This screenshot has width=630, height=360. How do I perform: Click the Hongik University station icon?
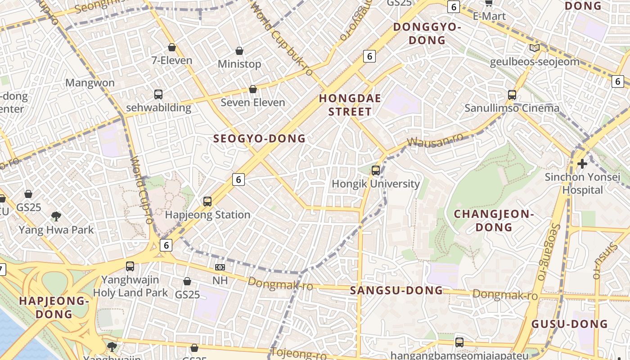(376, 171)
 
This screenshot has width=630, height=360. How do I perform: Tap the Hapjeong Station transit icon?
(207, 201)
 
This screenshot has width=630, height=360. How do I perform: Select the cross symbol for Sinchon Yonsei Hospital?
(582, 163)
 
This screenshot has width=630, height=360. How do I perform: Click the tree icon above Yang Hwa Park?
(56, 216)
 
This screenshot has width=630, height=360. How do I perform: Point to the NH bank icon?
(220, 267)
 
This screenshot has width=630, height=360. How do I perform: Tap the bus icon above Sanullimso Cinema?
(512, 94)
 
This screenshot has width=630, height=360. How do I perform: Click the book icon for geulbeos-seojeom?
(535, 48)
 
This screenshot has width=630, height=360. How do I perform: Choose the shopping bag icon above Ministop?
(239, 51)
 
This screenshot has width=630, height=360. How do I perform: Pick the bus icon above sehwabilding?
(158, 94)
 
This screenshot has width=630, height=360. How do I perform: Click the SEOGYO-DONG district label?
(259, 139)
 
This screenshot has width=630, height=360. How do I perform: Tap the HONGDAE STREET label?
(350, 105)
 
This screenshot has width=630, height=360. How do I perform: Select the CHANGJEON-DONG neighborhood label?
(494, 220)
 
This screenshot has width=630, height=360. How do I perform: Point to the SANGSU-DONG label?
(396, 291)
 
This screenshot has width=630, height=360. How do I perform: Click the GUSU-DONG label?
(569, 324)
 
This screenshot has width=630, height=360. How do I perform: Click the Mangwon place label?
(90, 83)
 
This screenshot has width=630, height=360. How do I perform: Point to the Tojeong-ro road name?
(298, 353)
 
